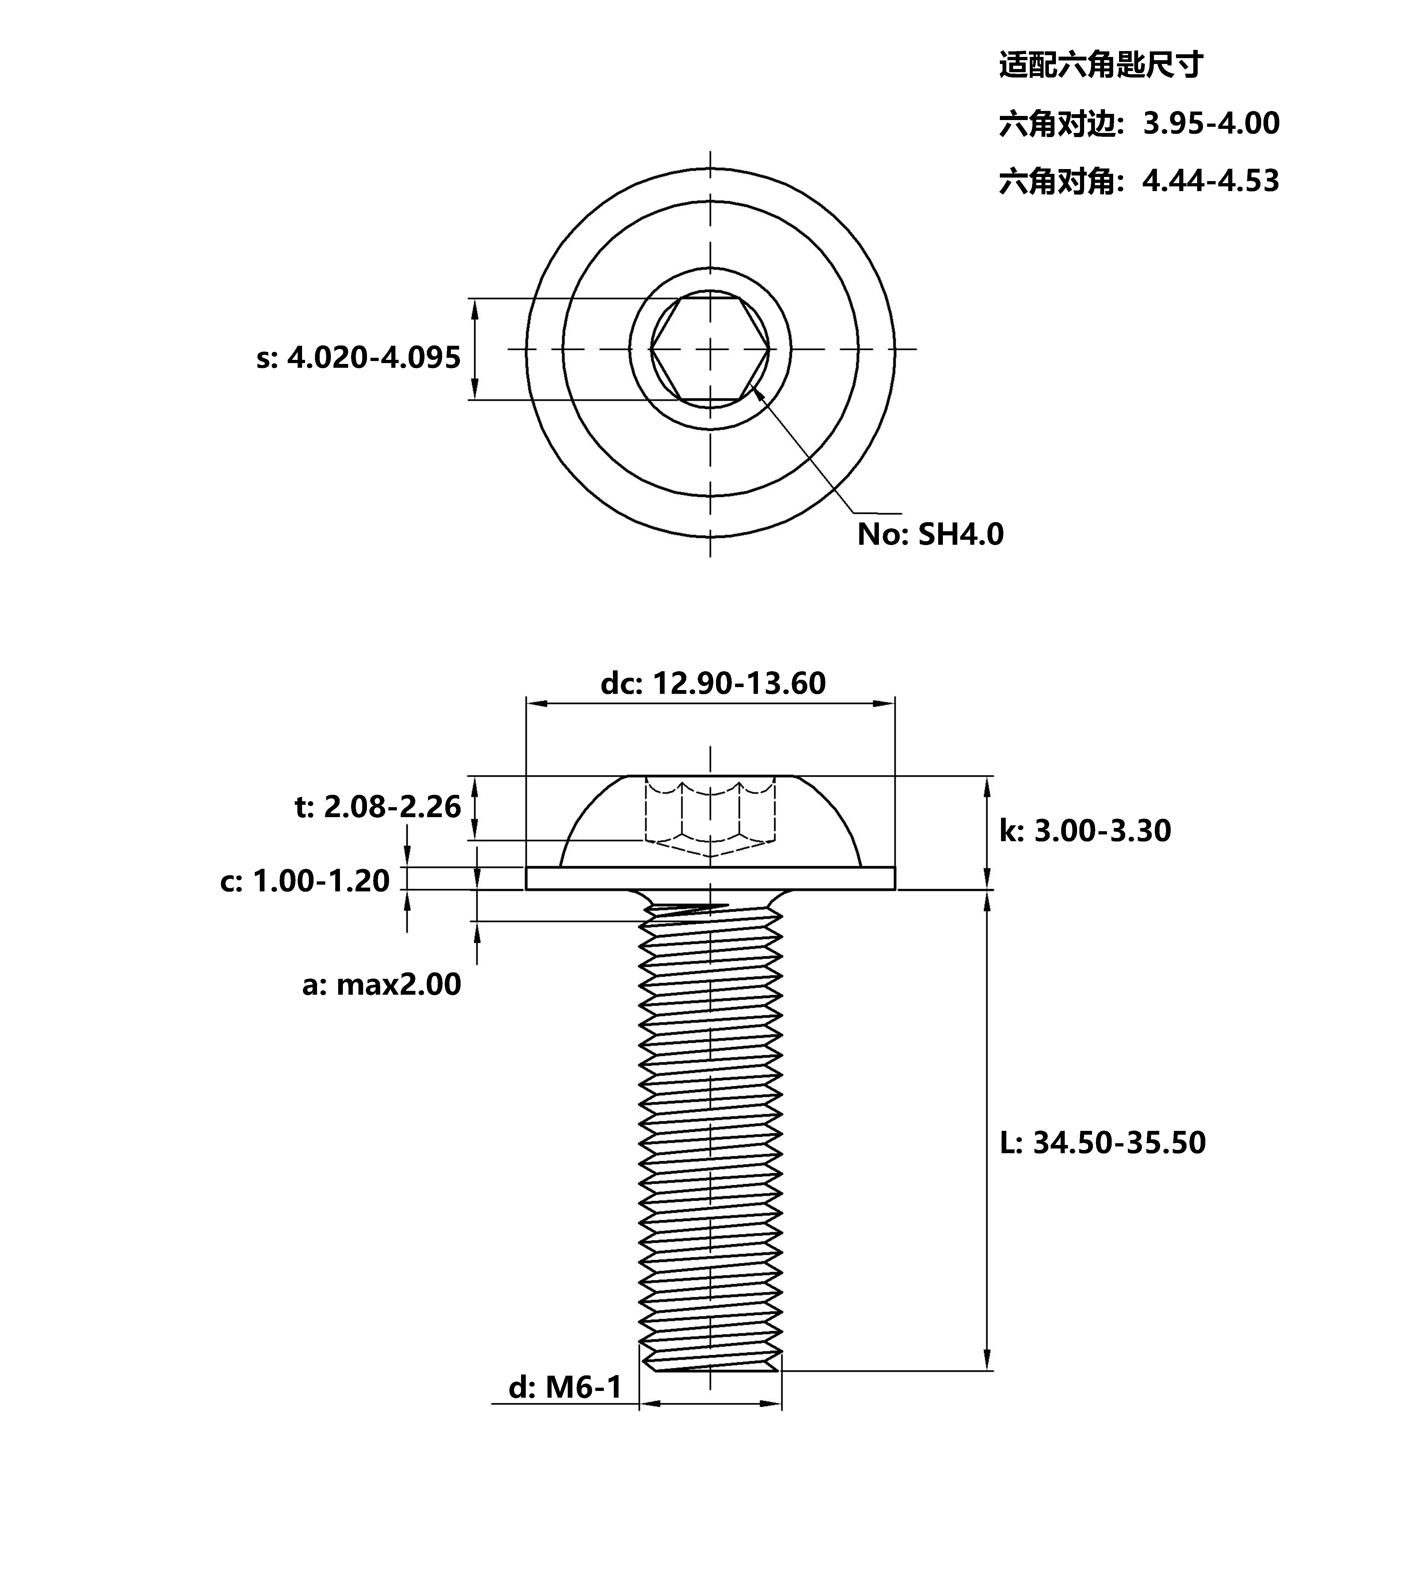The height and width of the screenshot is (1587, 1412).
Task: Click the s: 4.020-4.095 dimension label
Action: click(359, 358)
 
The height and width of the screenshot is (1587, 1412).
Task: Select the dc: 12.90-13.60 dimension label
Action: click(713, 683)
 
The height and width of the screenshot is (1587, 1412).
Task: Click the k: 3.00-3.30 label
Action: click(1085, 831)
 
